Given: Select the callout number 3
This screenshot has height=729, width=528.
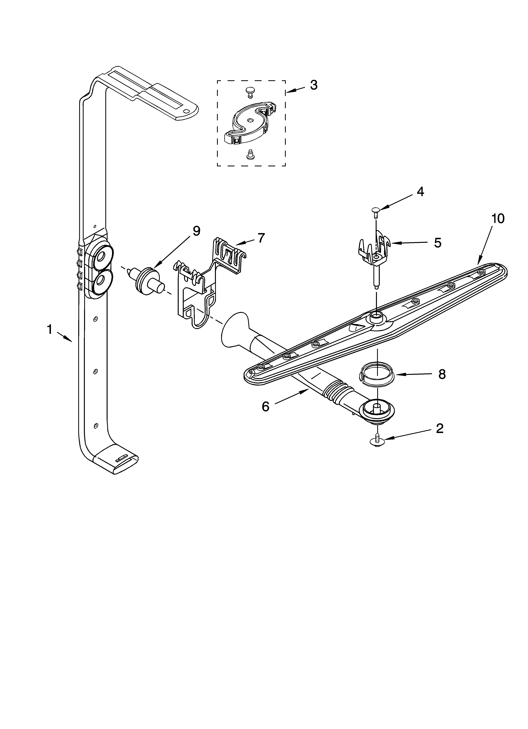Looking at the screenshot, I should coord(314,85).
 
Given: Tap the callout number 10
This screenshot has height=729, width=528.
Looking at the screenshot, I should coord(498,219).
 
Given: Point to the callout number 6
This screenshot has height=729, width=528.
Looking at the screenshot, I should coord(265,407).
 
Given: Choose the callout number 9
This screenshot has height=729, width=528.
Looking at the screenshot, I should coord(196,231).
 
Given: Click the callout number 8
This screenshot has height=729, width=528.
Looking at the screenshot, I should coord(442,374).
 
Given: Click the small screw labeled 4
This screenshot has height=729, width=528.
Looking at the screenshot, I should coord(375,211).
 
